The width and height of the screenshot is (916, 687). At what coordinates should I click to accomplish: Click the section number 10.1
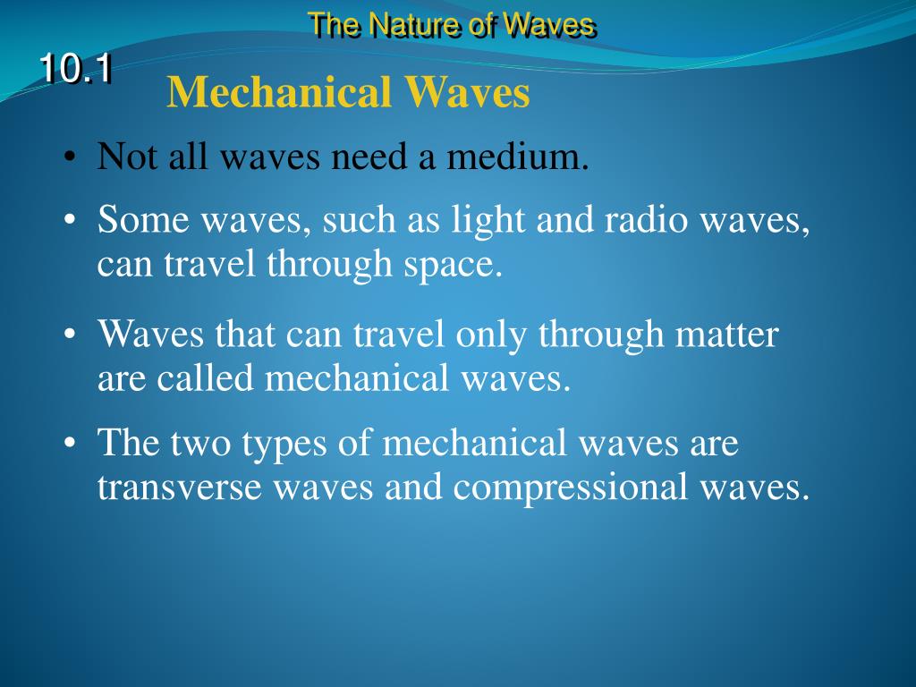pos(75,70)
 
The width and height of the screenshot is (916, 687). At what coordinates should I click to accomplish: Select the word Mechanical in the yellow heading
pos(279,93)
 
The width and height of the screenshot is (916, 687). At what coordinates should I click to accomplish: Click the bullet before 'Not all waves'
pos(70,158)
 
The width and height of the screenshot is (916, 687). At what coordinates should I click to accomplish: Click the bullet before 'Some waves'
pos(70,221)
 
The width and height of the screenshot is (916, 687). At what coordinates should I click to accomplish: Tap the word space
pos(458,266)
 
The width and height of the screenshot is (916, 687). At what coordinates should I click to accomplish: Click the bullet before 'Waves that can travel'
pos(70,335)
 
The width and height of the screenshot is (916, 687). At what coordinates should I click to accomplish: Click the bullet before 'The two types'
pos(70,444)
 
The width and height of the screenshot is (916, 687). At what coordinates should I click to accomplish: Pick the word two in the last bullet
pos(199,444)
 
